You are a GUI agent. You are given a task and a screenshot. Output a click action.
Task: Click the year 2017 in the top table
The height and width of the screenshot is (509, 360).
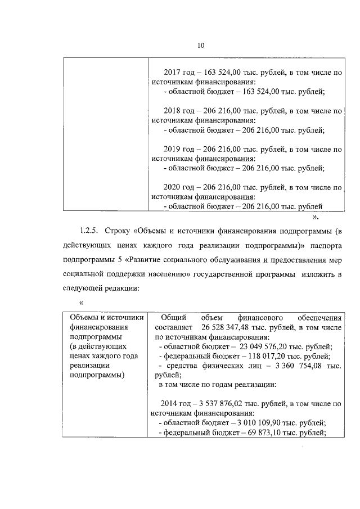[172, 73]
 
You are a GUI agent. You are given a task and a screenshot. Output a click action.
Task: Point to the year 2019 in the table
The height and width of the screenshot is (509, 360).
[172, 150]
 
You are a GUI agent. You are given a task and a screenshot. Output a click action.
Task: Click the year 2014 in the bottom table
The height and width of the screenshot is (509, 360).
[169, 404]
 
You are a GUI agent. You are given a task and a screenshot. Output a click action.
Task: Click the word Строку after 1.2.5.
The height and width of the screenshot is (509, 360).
[117, 231]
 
